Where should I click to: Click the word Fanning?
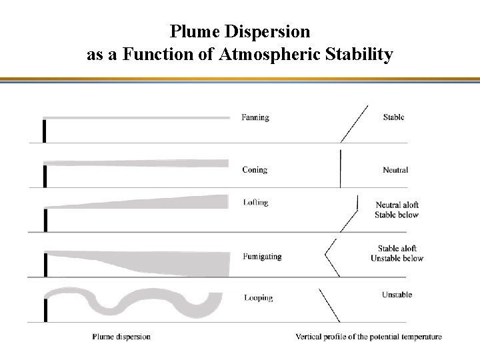(255, 117)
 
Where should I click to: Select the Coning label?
(255, 170)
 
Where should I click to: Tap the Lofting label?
(256, 203)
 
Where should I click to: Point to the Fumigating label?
(262, 256)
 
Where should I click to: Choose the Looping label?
(258, 297)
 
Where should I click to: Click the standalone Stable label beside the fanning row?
(393, 117)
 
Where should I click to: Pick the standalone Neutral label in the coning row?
(395, 170)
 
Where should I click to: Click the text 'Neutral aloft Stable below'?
(397, 210)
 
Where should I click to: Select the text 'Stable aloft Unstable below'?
(397, 253)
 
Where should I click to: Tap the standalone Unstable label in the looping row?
(397, 295)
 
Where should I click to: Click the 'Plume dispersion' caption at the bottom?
(121, 337)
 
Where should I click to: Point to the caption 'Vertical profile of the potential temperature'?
(369, 337)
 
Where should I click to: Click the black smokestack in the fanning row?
(44, 131)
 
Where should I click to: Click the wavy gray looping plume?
(133, 303)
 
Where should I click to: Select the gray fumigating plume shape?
(167, 263)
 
